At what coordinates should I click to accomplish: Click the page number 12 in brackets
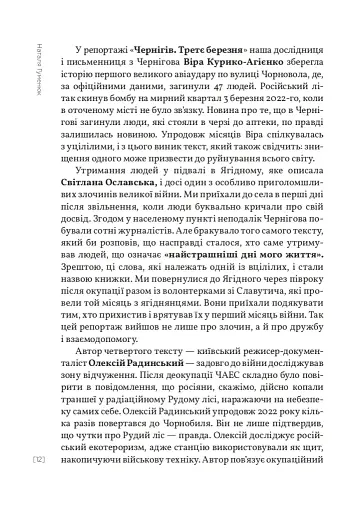[x=37, y=459]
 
